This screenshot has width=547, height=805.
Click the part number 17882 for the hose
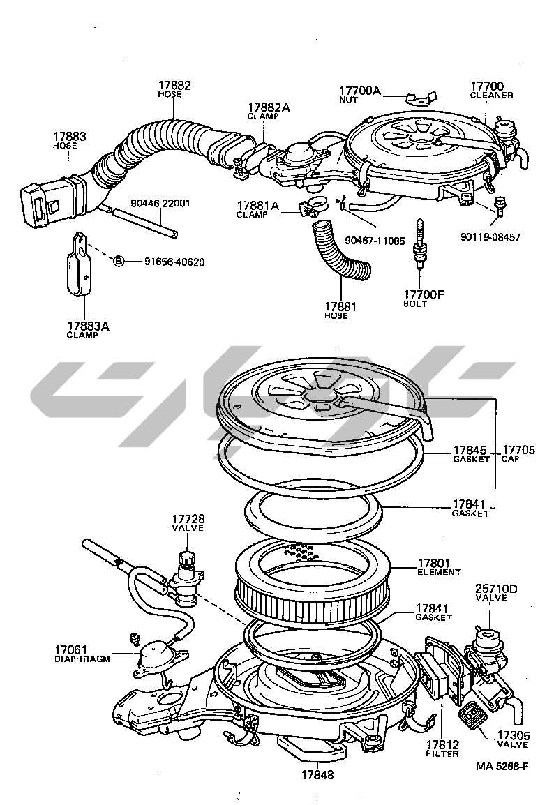pyautogui.click(x=174, y=86)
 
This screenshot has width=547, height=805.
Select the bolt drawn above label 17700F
pyautogui.click(x=421, y=248)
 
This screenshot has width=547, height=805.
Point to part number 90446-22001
pyautogui.click(x=160, y=204)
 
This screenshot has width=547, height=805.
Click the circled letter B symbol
pyautogui.click(x=119, y=261)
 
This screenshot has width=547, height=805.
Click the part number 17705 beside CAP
pyautogui.click(x=518, y=451)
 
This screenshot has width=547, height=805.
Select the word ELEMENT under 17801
pyautogui.click(x=440, y=572)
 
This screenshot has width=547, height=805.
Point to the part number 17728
pyautogui.click(x=188, y=519)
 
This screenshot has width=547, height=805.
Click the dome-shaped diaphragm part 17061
pyautogui.click(x=156, y=655)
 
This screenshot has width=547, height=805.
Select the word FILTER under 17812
pyautogui.click(x=442, y=753)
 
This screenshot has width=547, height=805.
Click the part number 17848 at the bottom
pyautogui.click(x=317, y=774)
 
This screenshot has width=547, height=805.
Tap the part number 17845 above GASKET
pyautogui.click(x=470, y=451)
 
